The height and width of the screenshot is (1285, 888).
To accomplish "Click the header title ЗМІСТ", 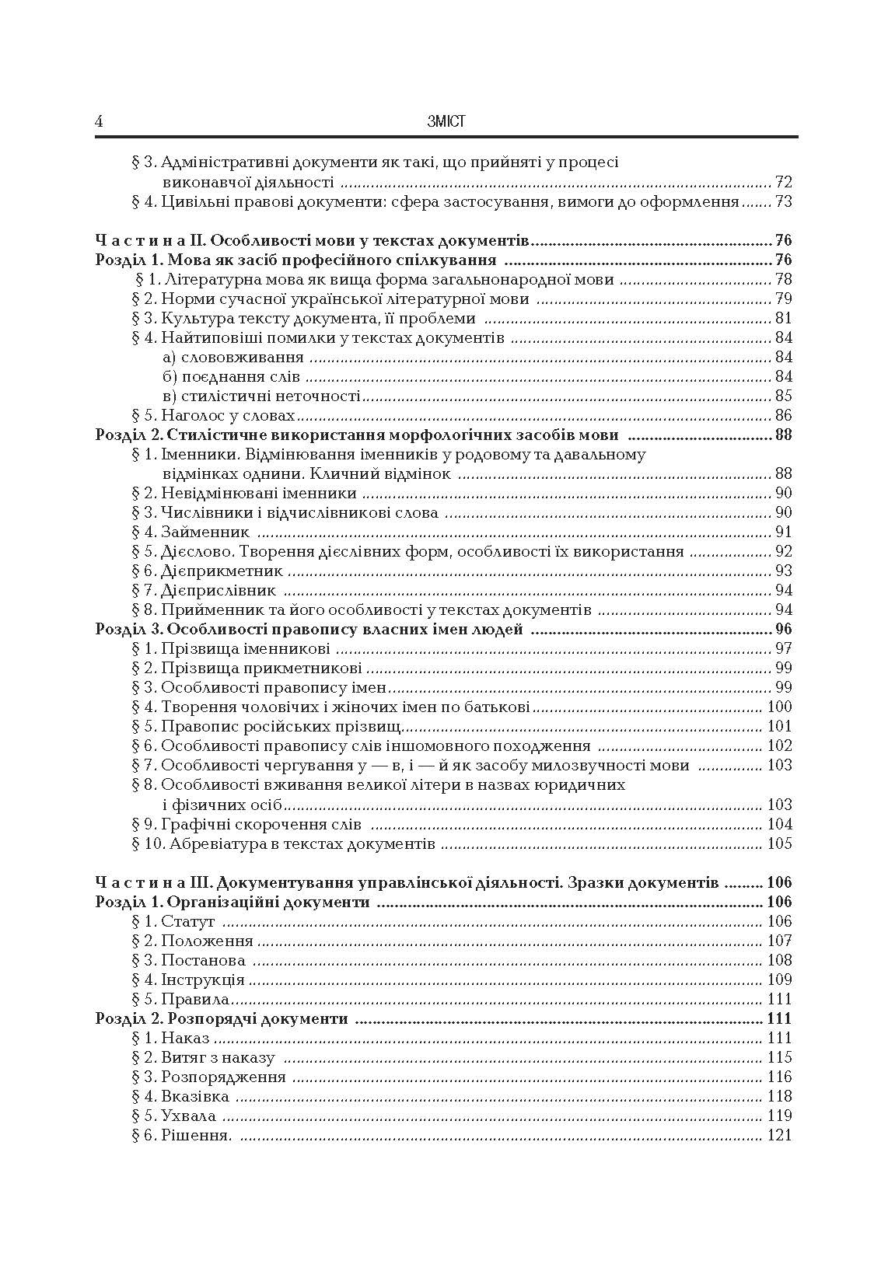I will (446, 121).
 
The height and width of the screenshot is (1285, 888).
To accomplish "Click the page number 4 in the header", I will (100, 121).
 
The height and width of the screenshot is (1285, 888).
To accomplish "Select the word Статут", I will (187, 921).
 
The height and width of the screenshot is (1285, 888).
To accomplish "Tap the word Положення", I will (207, 941).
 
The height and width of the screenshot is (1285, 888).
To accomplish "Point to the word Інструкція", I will (202, 979).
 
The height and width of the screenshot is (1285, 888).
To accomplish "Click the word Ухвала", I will (188, 1116).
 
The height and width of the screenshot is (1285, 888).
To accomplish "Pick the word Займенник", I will (205, 532).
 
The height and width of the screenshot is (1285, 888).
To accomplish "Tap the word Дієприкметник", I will (222, 571).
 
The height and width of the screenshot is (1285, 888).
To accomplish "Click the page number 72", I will (783, 183).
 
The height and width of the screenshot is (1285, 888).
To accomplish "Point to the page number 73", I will (783, 202).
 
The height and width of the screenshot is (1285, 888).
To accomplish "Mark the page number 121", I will (779, 1135).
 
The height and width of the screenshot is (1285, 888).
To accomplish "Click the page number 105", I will (779, 843).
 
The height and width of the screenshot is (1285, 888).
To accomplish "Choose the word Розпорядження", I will (223, 1077).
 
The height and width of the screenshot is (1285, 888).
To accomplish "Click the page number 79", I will (783, 299).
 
